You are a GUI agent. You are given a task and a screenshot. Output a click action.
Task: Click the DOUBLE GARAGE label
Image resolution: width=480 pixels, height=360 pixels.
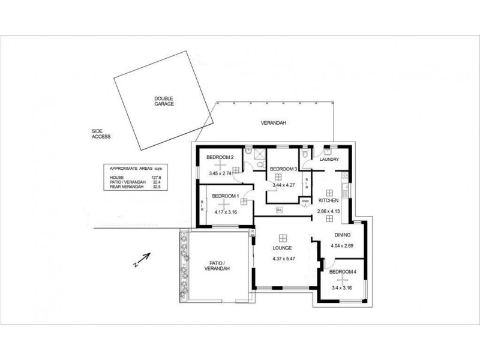tap(163, 101)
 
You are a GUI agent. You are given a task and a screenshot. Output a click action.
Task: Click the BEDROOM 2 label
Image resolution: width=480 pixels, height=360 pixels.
tap(219, 158)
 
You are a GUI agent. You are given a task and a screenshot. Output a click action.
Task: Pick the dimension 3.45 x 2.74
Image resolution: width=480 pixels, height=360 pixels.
tap(220, 173)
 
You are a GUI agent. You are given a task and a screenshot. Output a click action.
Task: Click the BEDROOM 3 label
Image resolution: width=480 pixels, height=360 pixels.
tap(283, 169)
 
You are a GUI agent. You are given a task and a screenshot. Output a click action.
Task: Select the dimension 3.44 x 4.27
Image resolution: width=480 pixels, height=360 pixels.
tap(284, 185)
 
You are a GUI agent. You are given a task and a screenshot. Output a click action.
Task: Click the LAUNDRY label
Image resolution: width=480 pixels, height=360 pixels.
tap(330, 160)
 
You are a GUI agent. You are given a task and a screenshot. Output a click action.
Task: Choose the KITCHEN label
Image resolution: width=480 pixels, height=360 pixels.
tap(329, 200)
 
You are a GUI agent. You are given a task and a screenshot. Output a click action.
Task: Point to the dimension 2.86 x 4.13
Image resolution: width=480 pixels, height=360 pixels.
tap(329, 212)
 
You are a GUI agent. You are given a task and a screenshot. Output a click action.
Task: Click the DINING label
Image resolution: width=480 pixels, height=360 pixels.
tap(343, 235)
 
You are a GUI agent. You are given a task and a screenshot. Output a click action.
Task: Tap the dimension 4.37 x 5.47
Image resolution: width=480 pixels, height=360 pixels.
tap(283, 260)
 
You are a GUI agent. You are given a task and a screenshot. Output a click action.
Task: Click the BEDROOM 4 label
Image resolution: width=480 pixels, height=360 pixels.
tap(344, 272)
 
